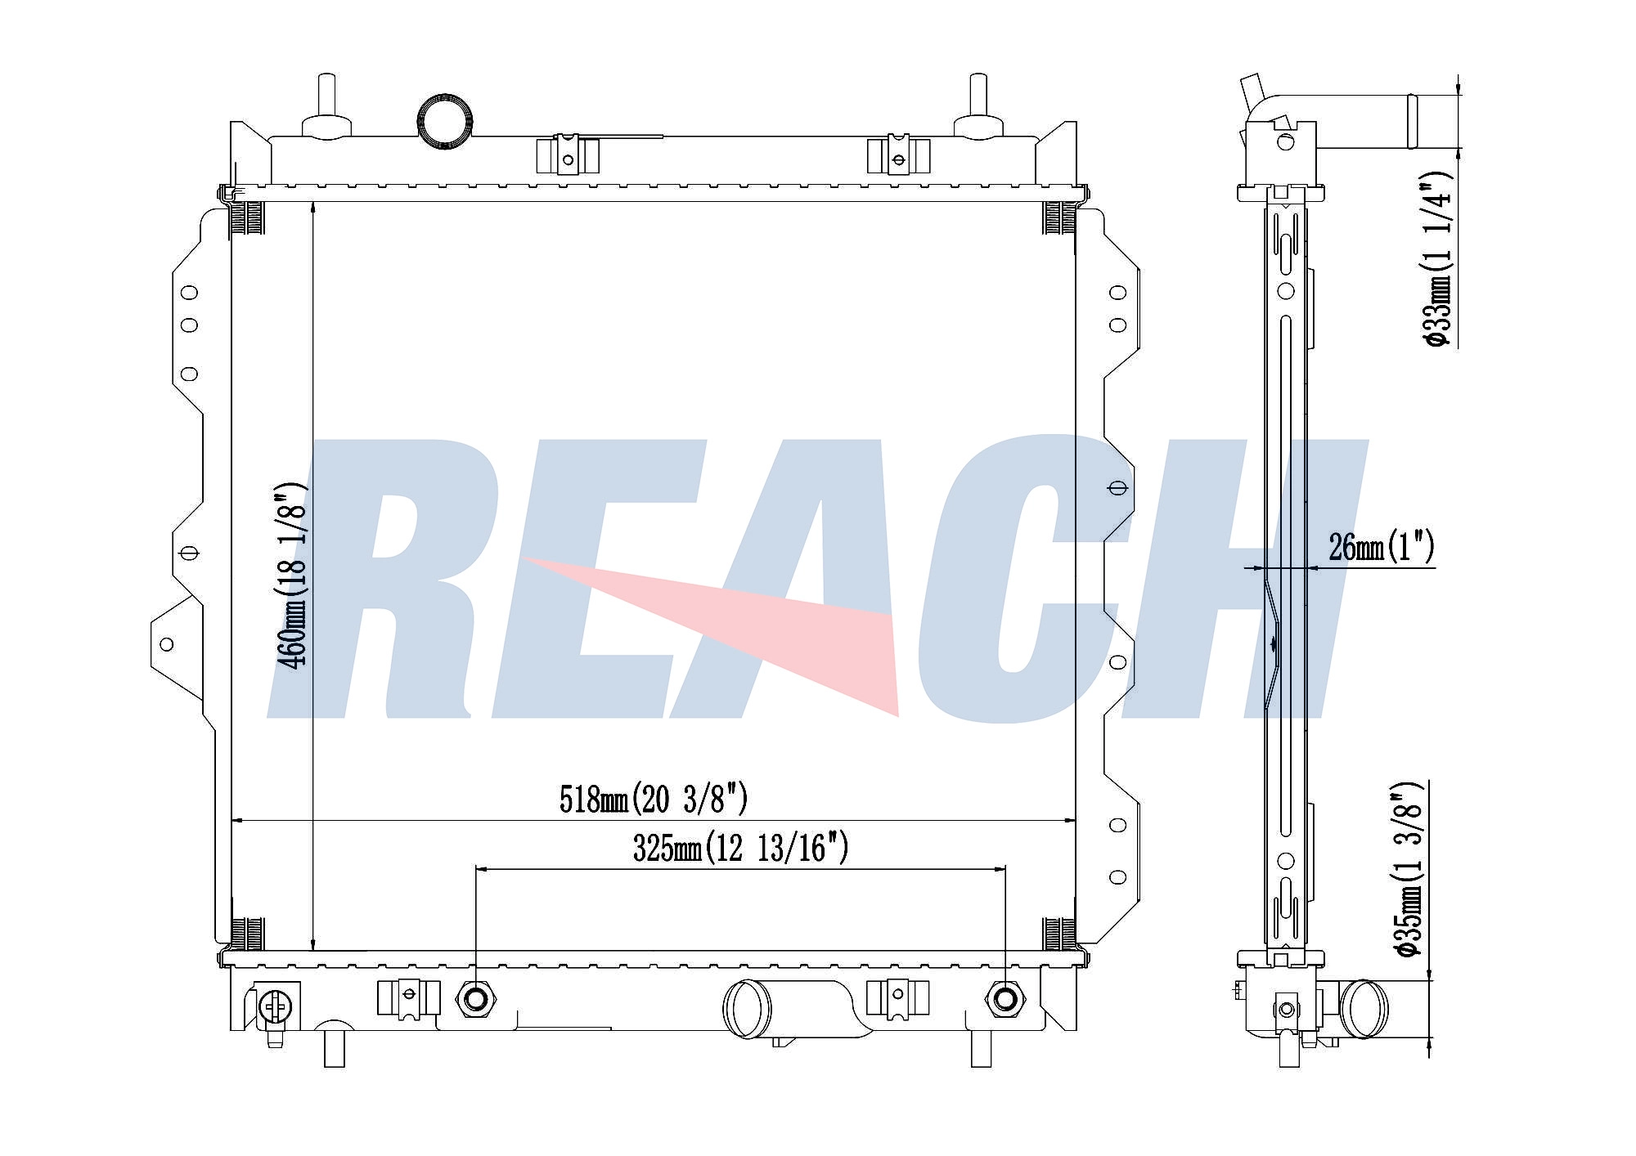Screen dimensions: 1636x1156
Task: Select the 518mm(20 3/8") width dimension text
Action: [x=653, y=799]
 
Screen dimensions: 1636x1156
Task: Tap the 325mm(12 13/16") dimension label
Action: [x=740, y=848]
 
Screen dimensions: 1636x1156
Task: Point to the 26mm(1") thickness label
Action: [x=1381, y=547]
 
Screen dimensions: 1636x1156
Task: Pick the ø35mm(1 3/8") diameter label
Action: [x=1409, y=869]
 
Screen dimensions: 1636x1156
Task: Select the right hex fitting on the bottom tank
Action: [x=1005, y=998]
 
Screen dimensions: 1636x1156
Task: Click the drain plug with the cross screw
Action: [x=273, y=1006]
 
